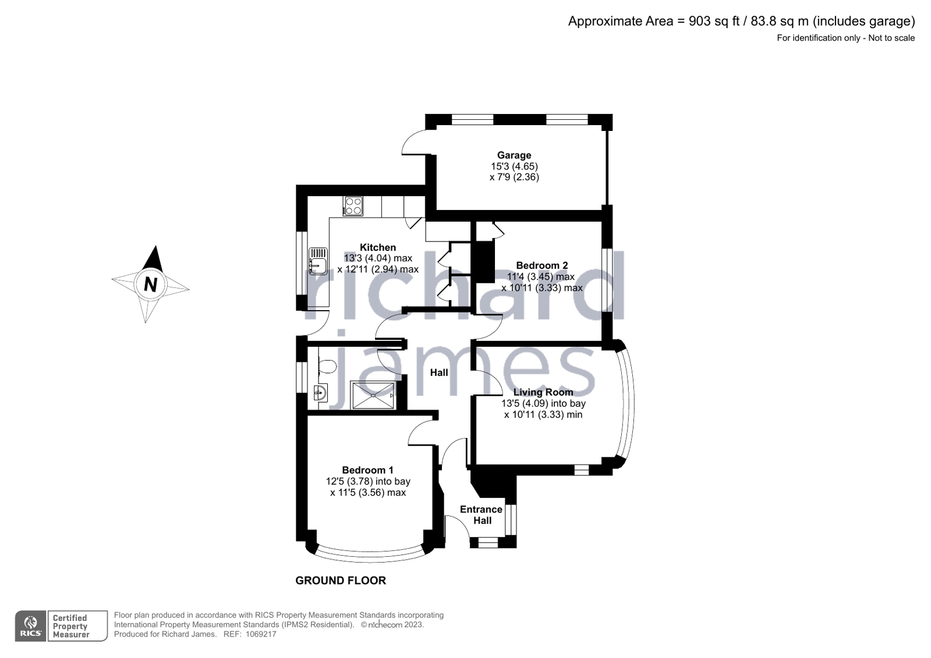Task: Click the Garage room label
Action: [x=514, y=155]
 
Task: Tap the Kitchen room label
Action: [x=377, y=247]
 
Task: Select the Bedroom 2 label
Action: [x=541, y=265]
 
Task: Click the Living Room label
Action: [x=543, y=392]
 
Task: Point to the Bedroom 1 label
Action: [x=367, y=470]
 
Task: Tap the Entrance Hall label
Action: [x=481, y=515]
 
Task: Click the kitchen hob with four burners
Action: [x=353, y=206]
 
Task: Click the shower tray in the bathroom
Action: [x=373, y=395]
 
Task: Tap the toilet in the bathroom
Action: [x=327, y=367]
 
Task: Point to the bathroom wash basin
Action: [x=320, y=393]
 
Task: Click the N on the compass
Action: [x=150, y=284]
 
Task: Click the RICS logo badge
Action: [x=30, y=626]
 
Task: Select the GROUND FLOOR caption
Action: [x=341, y=581]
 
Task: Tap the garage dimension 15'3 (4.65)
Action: [x=514, y=166]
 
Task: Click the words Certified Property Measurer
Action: [x=70, y=626]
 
